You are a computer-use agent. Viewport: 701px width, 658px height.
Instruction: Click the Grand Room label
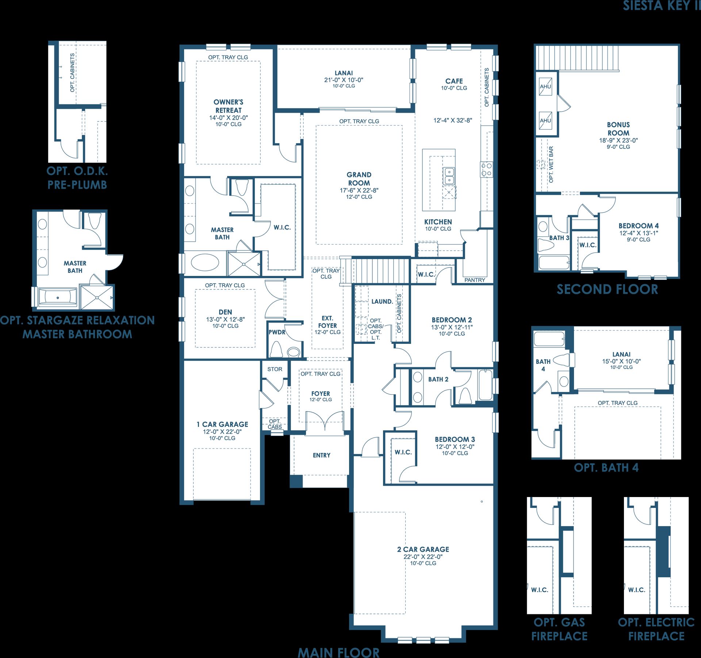(359, 179)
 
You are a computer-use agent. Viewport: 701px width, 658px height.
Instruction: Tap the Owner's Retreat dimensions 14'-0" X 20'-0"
(229, 118)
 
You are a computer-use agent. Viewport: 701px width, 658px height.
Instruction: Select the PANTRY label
(475, 280)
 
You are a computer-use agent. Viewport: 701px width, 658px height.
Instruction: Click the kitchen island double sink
(449, 176)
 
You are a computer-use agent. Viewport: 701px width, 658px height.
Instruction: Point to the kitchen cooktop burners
(486, 169)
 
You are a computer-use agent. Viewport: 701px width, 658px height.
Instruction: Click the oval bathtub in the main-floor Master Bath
(205, 262)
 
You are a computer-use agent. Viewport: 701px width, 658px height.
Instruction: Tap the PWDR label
(277, 332)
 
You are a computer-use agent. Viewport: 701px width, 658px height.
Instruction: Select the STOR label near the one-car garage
(275, 369)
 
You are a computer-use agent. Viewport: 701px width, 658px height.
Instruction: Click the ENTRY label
(321, 455)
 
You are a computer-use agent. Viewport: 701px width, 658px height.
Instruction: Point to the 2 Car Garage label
(423, 549)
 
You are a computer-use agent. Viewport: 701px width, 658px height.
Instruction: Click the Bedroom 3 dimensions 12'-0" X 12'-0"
(455, 447)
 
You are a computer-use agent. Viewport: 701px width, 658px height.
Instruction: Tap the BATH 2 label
(438, 379)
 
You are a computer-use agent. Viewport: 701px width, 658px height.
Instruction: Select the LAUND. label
(382, 301)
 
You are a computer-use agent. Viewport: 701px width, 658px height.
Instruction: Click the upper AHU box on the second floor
(545, 87)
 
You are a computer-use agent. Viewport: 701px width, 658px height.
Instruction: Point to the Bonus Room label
(618, 129)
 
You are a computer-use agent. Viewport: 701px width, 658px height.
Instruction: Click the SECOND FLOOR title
(607, 289)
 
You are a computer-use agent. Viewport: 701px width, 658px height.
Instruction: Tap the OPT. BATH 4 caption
(606, 467)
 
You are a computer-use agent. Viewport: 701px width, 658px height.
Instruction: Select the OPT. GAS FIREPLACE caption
(559, 629)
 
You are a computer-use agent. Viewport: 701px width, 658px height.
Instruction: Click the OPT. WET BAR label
(551, 165)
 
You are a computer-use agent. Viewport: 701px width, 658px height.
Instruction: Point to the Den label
(225, 312)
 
